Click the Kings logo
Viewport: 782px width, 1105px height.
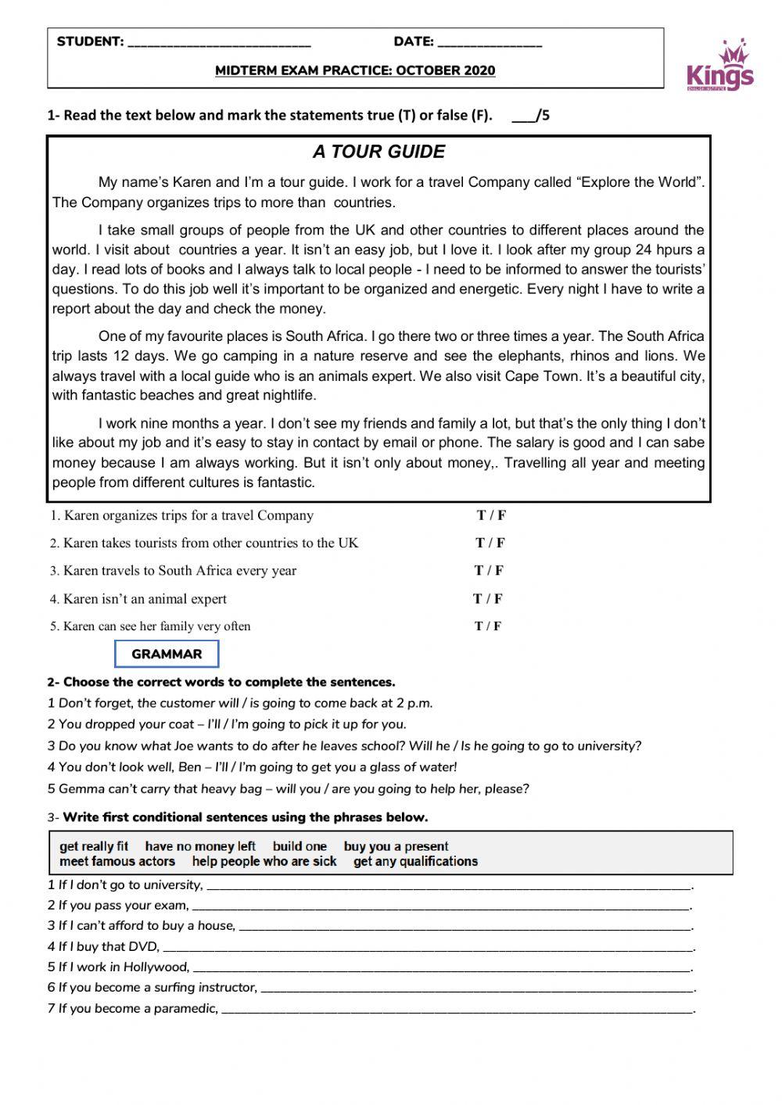point(719,66)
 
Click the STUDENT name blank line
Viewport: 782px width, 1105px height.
point(218,44)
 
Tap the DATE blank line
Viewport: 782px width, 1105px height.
point(490,44)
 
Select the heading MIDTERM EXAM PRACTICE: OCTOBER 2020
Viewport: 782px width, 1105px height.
point(355,70)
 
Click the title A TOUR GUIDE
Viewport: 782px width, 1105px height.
point(378,152)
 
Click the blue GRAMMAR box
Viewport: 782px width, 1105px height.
point(167,654)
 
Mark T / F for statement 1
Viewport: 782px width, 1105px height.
point(491,515)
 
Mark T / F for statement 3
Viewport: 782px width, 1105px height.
point(489,570)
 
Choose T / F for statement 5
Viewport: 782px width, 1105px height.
point(488,626)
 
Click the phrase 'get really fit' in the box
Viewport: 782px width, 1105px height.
point(94,846)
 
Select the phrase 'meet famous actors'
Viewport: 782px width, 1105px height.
point(117,861)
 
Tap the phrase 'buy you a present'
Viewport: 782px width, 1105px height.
point(396,846)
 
